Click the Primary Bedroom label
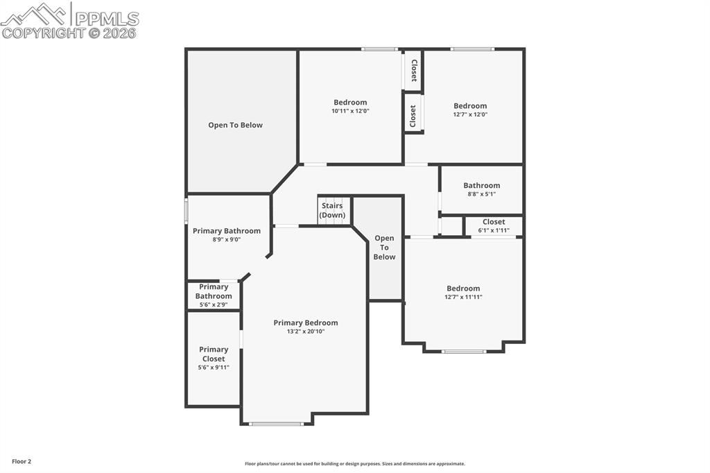click(x=305, y=322)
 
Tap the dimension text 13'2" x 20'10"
click(x=305, y=332)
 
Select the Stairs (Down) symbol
click(x=332, y=210)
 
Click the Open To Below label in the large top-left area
click(x=235, y=126)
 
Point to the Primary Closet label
click(x=213, y=354)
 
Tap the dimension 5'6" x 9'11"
click(x=213, y=368)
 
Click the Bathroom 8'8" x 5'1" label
click(x=481, y=186)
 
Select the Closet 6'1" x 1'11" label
click(x=494, y=222)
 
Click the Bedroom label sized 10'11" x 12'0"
click(x=350, y=103)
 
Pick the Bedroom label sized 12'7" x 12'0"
click(x=470, y=106)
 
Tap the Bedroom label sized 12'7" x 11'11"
click(x=462, y=289)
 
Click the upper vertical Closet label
click(x=414, y=70)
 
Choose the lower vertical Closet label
click(x=413, y=115)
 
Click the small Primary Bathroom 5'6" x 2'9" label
click(x=213, y=292)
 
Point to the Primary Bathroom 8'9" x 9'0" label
click(x=226, y=231)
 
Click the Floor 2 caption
click(x=20, y=461)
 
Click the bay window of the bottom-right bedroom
click(x=464, y=352)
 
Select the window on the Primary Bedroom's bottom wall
click(x=276, y=423)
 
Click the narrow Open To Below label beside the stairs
click(x=384, y=248)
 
